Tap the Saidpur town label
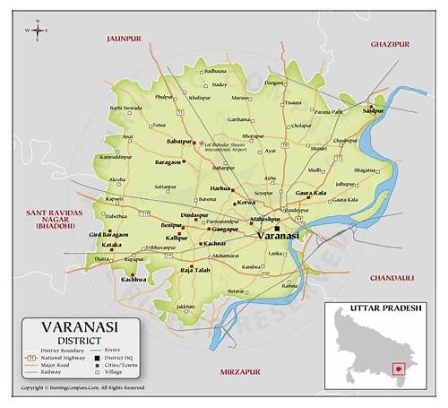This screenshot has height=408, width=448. (373, 110)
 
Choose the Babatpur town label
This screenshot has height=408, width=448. (179, 141)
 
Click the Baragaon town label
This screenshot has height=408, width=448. (168, 162)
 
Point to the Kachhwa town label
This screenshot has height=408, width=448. (134, 280)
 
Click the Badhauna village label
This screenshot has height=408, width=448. (215, 70)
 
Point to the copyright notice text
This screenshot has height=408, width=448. (82, 388)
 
